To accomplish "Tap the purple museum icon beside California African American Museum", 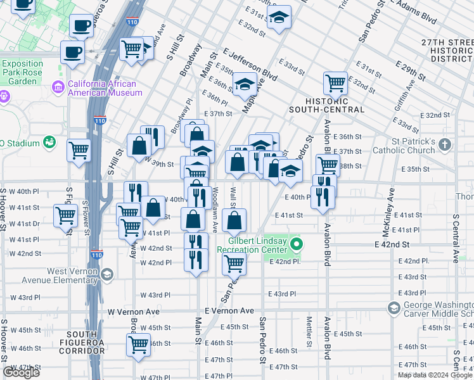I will pyautogui.click(x=58, y=86).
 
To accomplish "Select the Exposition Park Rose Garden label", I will pyautogui.click(x=22, y=72).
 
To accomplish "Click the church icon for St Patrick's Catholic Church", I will pyautogui.click(x=445, y=145).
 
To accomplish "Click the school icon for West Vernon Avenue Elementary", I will pyautogui.click(x=107, y=274).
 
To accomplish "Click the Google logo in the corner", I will pyautogui.click(x=21, y=372).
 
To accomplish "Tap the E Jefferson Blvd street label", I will pyautogui.click(x=250, y=65).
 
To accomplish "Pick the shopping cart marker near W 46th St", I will pyautogui.click(x=138, y=345).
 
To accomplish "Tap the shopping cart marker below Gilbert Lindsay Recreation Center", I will pyautogui.click(x=233, y=263).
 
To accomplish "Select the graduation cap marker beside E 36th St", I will pyautogui.click(x=244, y=84).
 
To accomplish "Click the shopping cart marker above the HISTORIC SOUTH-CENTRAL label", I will pyautogui.click(x=335, y=82).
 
